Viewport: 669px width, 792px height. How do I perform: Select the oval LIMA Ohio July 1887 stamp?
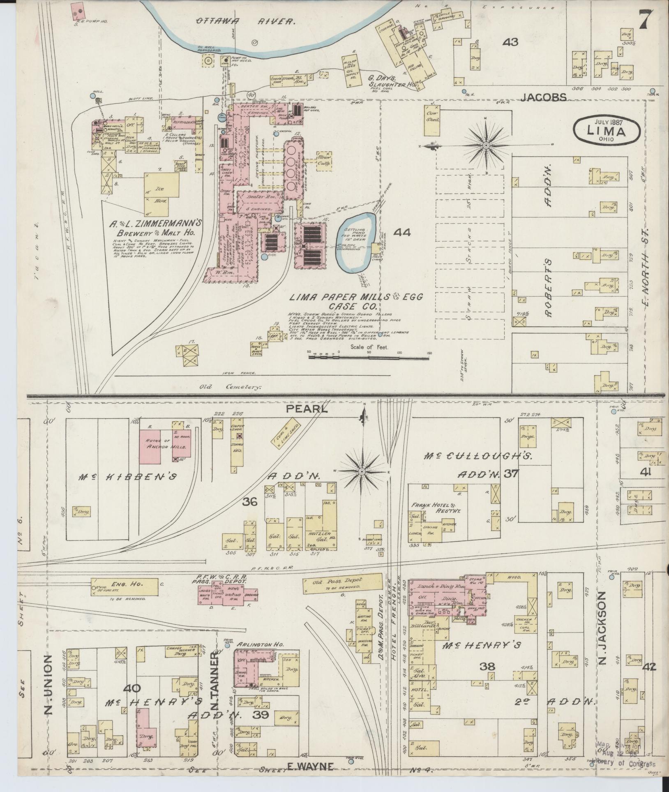click(x=606, y=131)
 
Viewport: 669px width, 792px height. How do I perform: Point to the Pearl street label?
click(x=313, y=409)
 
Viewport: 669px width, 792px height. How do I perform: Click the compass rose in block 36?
click(x=362, y=471)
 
